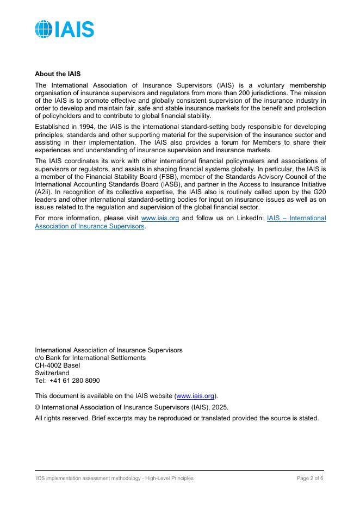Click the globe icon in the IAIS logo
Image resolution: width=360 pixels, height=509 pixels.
coord(43,29)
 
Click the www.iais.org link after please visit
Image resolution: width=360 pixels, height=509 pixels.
coord(160,218)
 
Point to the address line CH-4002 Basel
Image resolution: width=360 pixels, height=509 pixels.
coord(57,365)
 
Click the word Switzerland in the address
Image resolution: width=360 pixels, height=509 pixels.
coord(52,373)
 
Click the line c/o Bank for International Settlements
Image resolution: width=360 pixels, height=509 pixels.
coord(90,358)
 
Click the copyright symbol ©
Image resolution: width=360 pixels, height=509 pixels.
coord(38,407)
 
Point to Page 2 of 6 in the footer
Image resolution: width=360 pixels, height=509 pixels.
coord(310,479)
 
